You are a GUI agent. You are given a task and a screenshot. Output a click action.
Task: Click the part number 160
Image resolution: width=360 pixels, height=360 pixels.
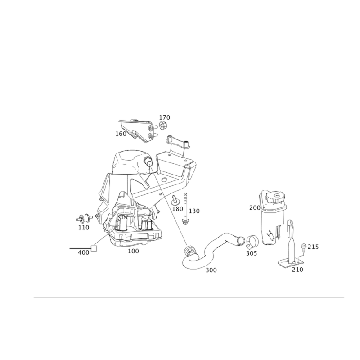tap(121, 134)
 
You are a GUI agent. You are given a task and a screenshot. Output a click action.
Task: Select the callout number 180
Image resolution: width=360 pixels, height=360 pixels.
tap(178, 210)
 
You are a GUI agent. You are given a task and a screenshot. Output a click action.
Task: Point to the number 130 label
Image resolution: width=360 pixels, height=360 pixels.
tap(194, 211)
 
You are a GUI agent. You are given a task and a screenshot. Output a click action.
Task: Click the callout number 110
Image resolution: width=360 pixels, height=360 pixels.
tap(84, 228)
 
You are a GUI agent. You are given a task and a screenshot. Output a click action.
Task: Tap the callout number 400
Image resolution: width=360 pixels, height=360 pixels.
tap(83, 253)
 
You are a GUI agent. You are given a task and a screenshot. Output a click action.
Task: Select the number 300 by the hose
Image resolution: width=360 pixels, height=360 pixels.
tap(211, 270)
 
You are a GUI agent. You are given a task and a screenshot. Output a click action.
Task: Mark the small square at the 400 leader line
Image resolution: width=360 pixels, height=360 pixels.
tap(94, 247)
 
